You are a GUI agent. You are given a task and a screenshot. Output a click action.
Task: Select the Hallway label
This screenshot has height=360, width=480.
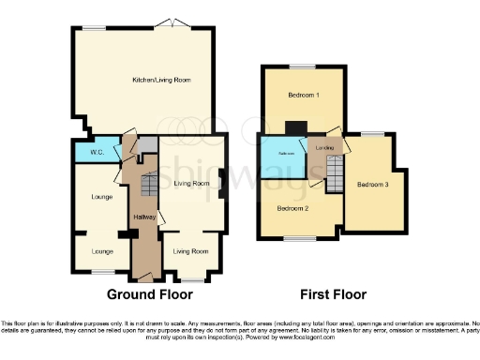(143, 217)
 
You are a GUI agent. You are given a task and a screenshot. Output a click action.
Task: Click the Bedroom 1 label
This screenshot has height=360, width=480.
(302, 96)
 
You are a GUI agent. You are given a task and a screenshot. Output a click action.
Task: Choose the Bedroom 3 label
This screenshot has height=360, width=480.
(372, 184)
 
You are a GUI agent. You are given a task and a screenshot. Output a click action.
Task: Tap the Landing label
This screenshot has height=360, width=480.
(324, 148)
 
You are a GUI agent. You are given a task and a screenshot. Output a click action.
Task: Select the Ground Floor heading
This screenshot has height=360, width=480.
(143, 294)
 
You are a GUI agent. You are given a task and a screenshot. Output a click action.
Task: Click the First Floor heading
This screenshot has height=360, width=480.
(331, 294)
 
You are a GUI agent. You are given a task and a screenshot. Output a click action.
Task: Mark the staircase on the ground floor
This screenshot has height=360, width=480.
(146, 184)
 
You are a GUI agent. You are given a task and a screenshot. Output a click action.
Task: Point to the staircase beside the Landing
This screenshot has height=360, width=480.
(335, 174)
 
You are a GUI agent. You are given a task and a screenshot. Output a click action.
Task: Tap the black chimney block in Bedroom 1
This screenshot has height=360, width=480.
(295, 128)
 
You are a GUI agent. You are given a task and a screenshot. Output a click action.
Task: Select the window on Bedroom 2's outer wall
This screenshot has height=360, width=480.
(299, 238)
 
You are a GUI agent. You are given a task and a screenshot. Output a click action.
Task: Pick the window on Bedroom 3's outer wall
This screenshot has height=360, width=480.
(373, 134)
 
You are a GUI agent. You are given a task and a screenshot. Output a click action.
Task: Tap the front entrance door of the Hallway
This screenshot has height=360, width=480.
(145, 277)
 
